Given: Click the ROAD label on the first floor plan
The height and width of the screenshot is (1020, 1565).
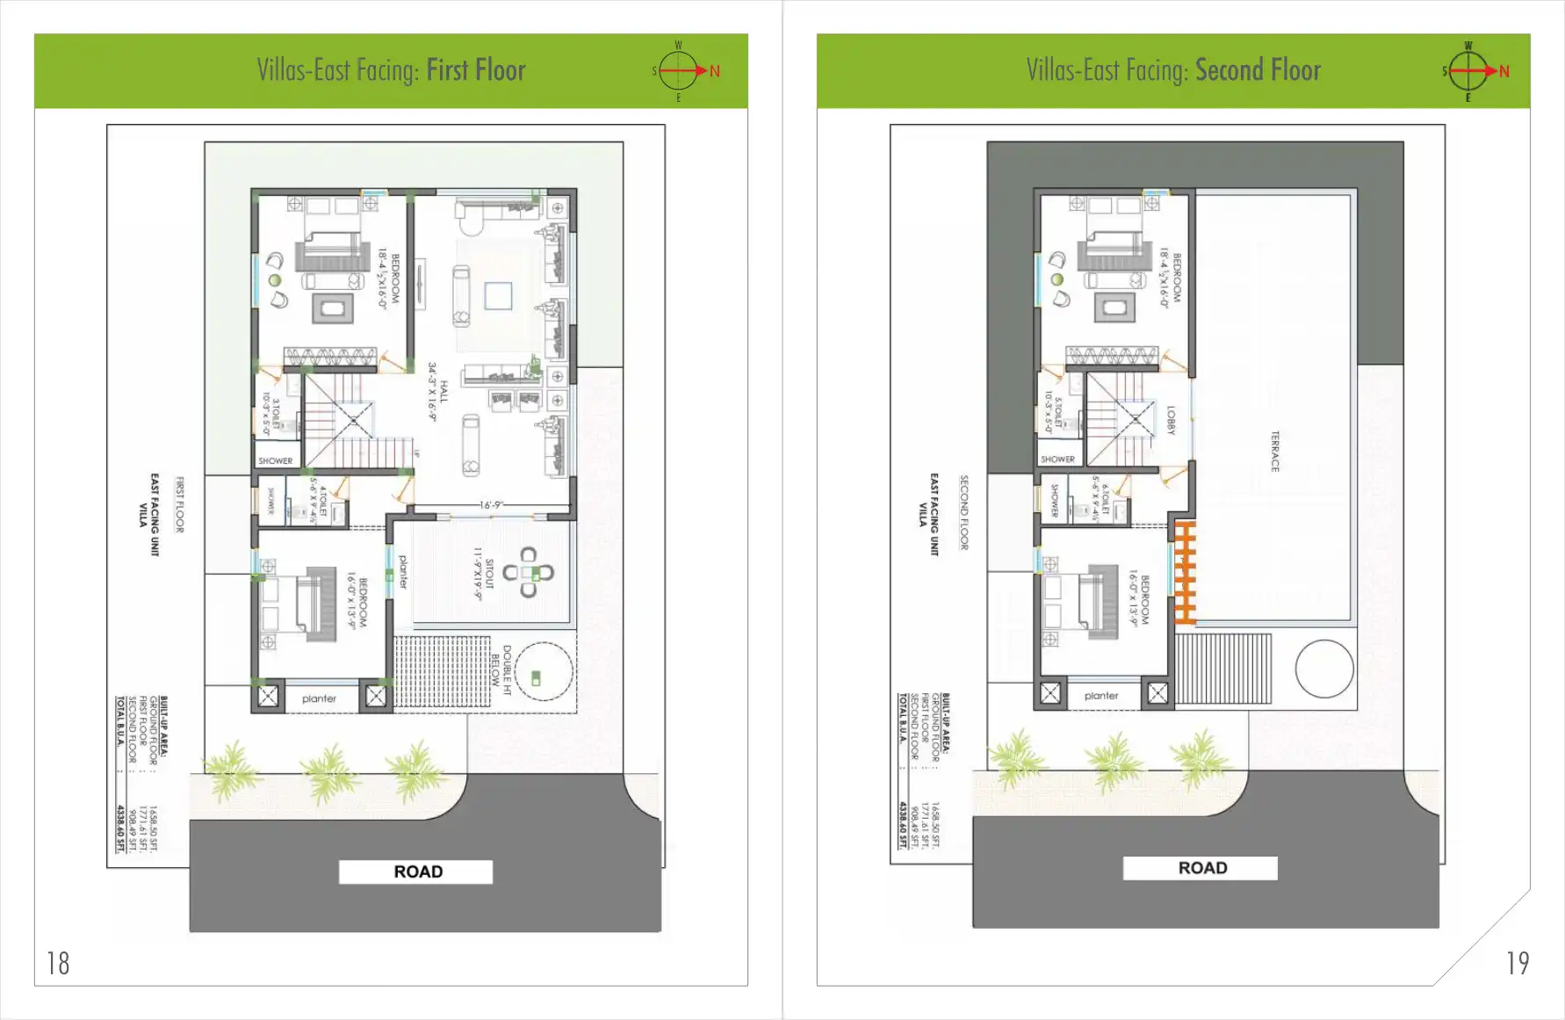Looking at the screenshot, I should coord(417,872).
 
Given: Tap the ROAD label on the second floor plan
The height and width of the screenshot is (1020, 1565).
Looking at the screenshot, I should coord(1201,868).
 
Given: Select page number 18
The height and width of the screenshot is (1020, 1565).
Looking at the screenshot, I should coord(58,964).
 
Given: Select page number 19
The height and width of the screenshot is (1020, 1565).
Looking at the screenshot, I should coord(1518,964).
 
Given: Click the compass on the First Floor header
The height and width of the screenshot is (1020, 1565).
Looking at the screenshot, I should coord(679,71).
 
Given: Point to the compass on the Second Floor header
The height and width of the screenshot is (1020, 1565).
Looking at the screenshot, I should coord(1468,71).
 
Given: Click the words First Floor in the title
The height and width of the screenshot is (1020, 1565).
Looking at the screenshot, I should coord(475,70).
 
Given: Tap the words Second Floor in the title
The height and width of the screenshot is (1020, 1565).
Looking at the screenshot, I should coord(1258,70).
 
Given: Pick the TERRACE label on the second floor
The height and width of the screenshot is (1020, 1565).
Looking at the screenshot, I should coord(1274,451).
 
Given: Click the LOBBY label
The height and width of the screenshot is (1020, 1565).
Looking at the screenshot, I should coord(1170,420).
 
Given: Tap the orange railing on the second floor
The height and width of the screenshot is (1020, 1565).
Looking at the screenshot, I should coord(1185,573).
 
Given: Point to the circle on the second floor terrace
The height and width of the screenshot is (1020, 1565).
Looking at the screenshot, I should coord(1323,669).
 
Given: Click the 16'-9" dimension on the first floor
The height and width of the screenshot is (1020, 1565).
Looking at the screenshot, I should coord(492,505).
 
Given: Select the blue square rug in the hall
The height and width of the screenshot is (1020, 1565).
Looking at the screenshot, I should coord(498,295).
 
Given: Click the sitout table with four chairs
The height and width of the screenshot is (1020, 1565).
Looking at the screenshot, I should coord(528,573).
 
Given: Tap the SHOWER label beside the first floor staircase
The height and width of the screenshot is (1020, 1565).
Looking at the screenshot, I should coord(275,460).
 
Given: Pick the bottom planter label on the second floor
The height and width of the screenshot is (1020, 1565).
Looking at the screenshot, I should coord(1101,696).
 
